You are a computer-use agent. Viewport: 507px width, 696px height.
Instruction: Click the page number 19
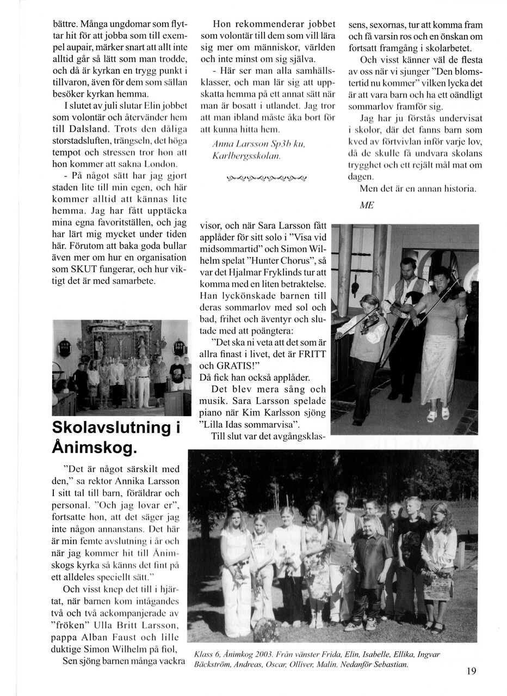(471, 671)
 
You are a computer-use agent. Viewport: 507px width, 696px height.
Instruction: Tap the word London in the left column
(157, 163)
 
